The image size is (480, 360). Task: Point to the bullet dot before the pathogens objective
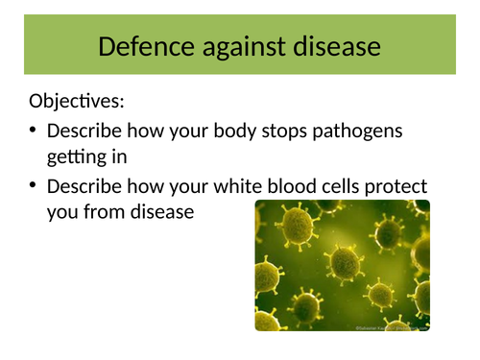(x=36, y=131)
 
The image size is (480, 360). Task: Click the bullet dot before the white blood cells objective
(x=36, y=185)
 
